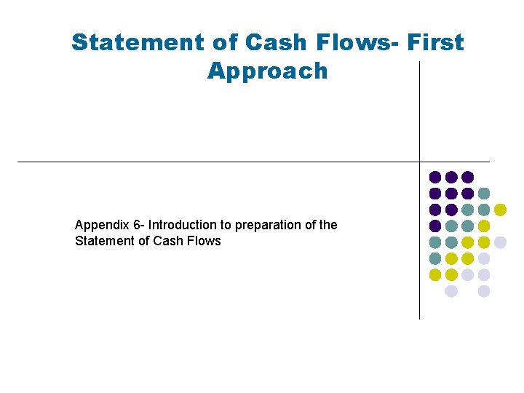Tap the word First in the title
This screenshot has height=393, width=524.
click(436, 42)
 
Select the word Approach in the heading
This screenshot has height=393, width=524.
click(267, 71)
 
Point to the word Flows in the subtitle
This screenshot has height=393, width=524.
click(205, 241)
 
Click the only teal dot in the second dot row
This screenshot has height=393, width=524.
click(484, 194)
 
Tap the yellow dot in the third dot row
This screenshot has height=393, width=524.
click(500, 210)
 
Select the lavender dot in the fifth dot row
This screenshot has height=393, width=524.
click(500, 242)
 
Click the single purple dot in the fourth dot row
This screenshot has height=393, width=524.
click(435, 226)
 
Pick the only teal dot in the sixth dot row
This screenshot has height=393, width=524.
click(435, 258)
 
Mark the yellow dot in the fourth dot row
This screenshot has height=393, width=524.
click(484, 226)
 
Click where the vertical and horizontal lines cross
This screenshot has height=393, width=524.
click(420, 162)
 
